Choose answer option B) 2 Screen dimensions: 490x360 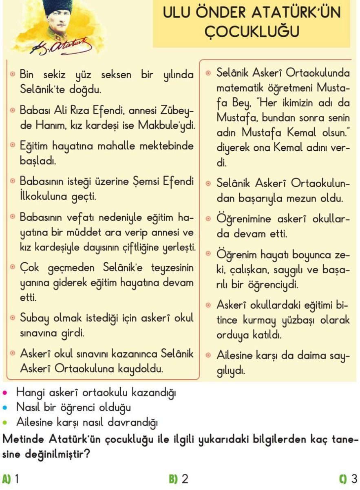pos(179,478)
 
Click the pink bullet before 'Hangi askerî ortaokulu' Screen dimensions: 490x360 pos(5,393)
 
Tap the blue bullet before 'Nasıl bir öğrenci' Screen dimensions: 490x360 pos(5,407)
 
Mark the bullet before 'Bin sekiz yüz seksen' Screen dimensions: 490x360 pos(13,75)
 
